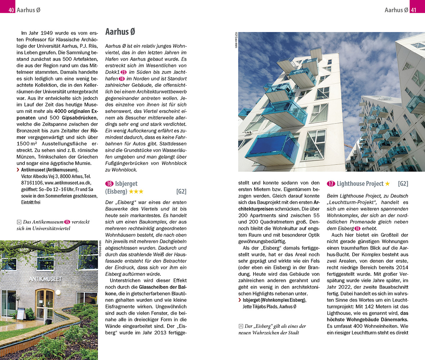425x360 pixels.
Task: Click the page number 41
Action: click(x=413, y=10)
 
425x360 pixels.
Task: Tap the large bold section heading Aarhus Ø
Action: click(x=120, y=32)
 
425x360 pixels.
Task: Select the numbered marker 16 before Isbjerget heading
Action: click(x=109, y=184)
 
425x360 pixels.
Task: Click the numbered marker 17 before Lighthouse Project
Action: click(x=331, y=184)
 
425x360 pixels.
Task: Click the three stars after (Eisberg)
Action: click(x=136, y=192)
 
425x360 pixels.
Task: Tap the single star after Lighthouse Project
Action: click(x=387, y=184)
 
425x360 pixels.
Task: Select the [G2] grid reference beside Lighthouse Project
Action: click(x=403, y=184)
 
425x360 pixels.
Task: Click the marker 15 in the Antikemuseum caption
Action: click(x=67, y=222)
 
